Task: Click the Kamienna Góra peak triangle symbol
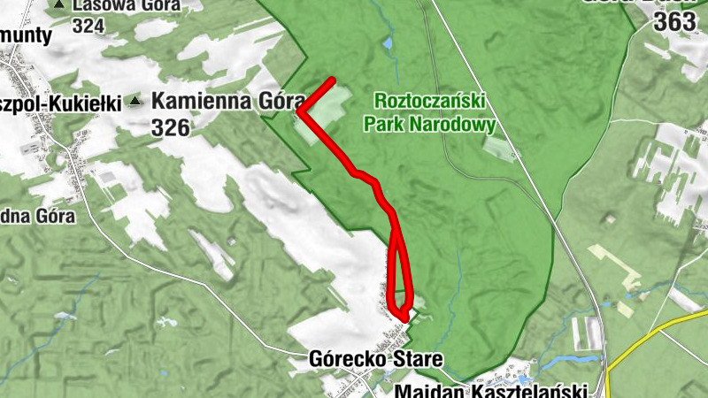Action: tap(135, 101)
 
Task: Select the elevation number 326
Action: tap(171, 128)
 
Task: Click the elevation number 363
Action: tap(674, 23)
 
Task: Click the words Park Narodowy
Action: tap(429, 124)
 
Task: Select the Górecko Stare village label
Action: tap(375, 359)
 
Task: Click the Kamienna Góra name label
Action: tap(223, 101)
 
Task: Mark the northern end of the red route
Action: tap(333, 80)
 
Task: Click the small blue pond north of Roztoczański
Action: tap(387, 42)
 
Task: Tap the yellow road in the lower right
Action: tap(664, 332)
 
